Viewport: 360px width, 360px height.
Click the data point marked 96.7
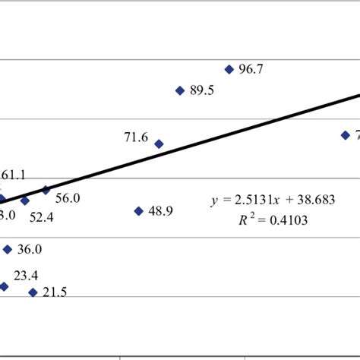[x=229, y=69]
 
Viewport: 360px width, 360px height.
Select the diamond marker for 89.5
[x=180, y=90]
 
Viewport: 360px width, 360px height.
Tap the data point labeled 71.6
[x=159, y=144]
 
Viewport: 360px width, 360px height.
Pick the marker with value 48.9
[x=139, y=211]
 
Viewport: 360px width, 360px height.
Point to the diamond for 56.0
[x=46, y=190]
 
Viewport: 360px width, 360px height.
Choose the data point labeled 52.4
[x=25, y=201]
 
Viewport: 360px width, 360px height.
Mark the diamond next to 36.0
[x=8, y=249]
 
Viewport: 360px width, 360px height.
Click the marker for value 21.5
[x=33, y=292]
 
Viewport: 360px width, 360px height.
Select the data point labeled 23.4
[x=4, y=286]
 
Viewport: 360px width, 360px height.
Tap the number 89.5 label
[x=202, y=91]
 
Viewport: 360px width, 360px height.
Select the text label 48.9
[x=161, y=212]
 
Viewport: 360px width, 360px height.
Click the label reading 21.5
[x=55, y=293]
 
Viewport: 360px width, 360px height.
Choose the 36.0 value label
[x=30, y=250]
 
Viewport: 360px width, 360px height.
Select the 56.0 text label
[x=68, y=198]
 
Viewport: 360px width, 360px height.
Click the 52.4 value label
[x=42, y=216]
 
